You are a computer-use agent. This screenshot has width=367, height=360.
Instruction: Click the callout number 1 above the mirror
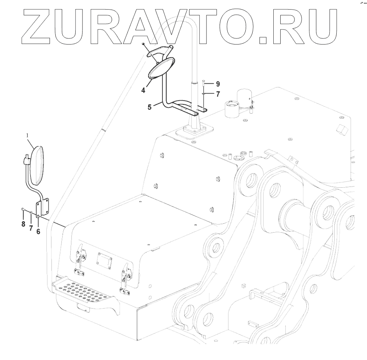coord(27,135)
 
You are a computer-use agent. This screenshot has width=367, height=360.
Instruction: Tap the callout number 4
coord(143,91)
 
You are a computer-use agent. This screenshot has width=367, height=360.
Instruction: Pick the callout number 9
coord(217,83)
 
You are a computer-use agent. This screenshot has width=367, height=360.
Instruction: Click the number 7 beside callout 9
coord(217,93)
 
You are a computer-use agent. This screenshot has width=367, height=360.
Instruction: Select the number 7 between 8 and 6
coord(31,228)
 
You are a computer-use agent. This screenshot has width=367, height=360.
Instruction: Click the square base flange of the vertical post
coord(194,131)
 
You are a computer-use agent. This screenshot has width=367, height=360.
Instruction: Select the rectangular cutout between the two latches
coord(104,261)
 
